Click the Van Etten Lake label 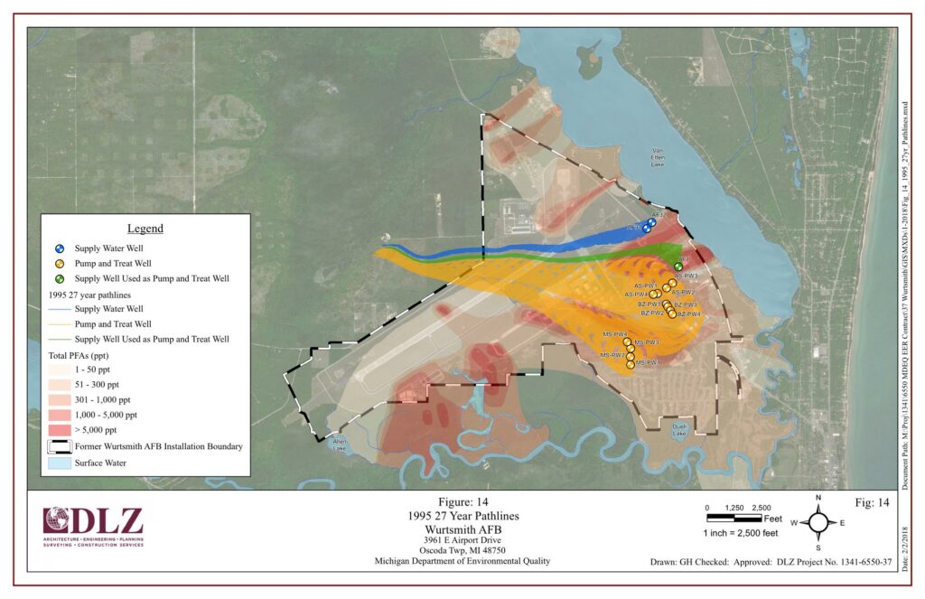[x=657, y=158]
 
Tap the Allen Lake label [x=340, y=445]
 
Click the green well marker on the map [x=678, y=267]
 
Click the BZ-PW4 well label [x=688, y=314]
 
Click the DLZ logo [x=93, y=527]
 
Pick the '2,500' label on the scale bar [x=761, y=508]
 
